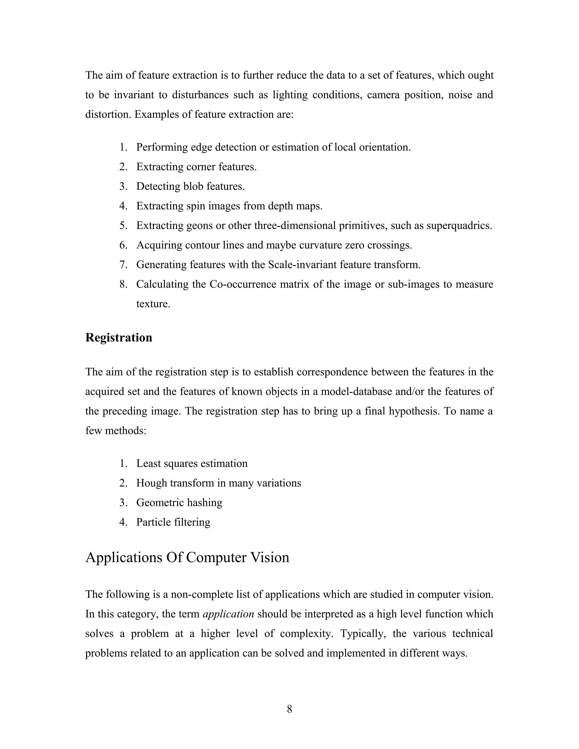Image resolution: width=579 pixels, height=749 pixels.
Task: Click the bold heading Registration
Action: coord(119,338)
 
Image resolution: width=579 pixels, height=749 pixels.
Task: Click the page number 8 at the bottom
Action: coord(289,709)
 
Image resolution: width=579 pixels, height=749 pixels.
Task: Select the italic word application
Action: coord(228,614)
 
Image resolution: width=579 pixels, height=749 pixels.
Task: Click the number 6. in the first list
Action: coord(124,245)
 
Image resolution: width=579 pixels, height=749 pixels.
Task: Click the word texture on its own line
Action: coord(153,304)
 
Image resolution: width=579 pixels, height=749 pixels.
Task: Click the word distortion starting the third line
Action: coord(108,114)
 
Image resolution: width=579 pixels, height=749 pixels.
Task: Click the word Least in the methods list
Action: coord(148,464)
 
